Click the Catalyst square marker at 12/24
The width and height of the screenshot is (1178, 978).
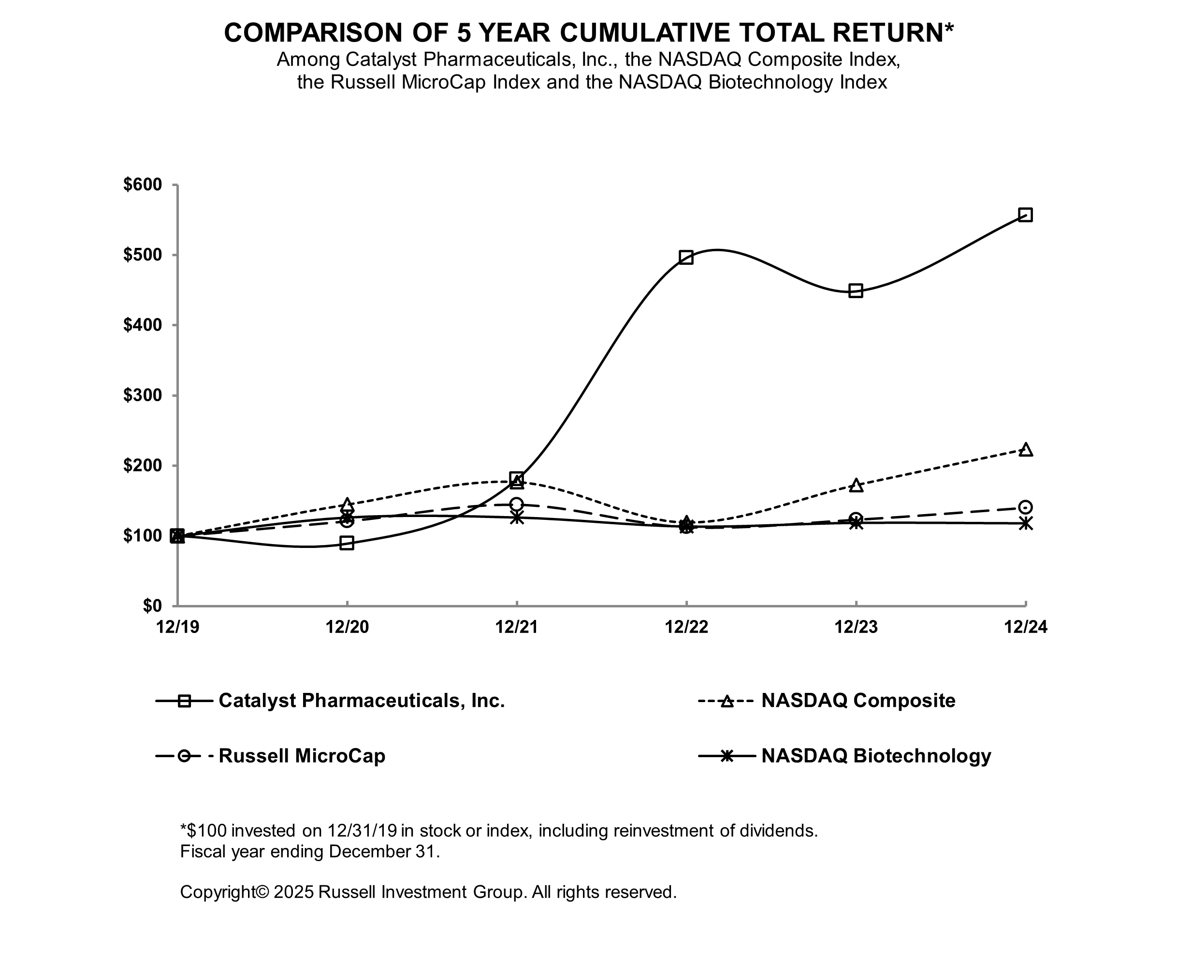[x=1025, y=215]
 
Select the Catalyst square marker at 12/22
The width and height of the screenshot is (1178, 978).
[x=686, y=258]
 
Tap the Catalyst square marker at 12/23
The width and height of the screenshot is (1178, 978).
[x=856, y=290]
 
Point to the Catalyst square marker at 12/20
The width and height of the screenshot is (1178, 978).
[x=347, y=543]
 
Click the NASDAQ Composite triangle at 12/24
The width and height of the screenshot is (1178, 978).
[x=1025, y=450]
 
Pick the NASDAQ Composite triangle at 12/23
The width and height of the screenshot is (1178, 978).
[x=856, y=485]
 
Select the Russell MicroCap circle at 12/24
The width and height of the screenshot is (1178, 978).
[x=1025, y=507]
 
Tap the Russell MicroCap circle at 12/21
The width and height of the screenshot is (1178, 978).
[x=517, y=504]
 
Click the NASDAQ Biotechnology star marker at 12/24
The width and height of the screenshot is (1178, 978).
[x=1025, y=523]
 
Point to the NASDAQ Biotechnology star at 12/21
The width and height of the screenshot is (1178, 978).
[x=517, y=518]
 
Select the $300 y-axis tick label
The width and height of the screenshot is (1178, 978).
[x=143, y=395]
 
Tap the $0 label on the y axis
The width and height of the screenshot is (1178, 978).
[x=152, y=605]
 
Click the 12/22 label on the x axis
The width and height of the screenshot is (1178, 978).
[x=686, y=627]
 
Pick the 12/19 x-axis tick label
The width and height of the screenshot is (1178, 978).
[x=178, y=627]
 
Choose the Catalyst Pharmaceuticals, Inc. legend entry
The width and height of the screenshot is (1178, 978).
[x=361, y=701]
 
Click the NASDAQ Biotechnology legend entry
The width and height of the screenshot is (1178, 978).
[x=876, y=756]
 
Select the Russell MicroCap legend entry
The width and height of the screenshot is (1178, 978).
[x=302, y=756]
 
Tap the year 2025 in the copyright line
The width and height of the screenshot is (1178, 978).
[x=293, y=892]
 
